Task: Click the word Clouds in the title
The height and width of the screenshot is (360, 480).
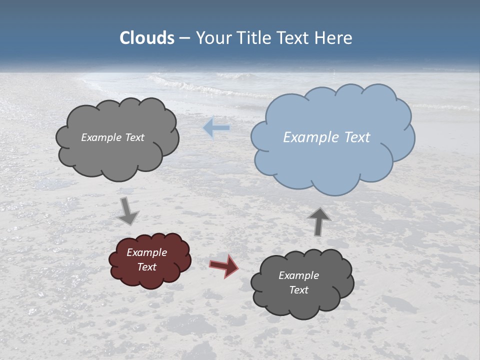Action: coord(147,38)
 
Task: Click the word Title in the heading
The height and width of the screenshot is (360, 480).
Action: coord(253,38)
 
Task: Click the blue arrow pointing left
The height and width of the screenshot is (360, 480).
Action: coord(216,128)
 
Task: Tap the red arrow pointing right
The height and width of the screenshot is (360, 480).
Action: coord(223,265)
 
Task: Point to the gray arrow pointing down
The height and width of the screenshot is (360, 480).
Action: coord(128,210)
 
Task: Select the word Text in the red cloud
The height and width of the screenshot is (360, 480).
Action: coord(147,267)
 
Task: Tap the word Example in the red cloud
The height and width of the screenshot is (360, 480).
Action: coord(146,252)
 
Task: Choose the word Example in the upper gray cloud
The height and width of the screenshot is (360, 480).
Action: coord(100,137)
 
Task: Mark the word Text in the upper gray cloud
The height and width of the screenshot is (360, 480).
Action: coord(133,137)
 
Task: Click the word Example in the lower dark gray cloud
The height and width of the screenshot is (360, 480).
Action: coord(298,275)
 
